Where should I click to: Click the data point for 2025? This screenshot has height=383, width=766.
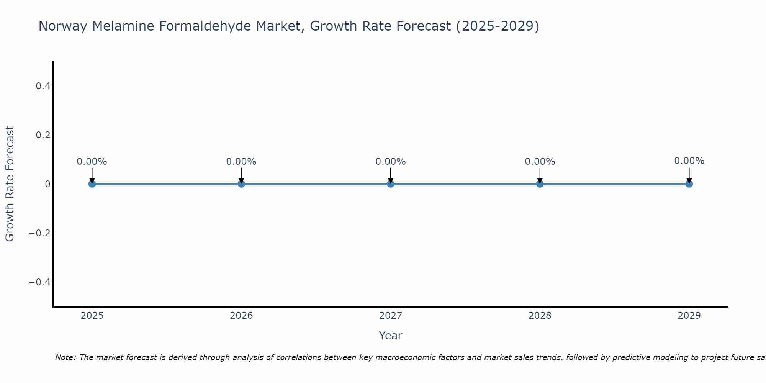coord(92,184)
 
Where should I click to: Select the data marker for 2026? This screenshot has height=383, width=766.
coord(241,184)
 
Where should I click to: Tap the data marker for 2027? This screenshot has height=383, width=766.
coord(391,184)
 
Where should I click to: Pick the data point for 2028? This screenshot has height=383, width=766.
coord(540,184)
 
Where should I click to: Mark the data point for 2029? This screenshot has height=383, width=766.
coord(689,184)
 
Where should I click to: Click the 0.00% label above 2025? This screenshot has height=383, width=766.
coord(92,162)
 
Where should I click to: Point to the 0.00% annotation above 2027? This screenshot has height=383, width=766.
coord(391,162)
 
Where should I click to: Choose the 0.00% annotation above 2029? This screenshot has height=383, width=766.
coord(689,161)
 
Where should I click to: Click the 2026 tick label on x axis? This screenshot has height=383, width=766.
coord(241,316)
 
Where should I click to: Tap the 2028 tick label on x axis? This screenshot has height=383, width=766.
coord(540,316)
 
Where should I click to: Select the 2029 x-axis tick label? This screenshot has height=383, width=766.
coord(689,316)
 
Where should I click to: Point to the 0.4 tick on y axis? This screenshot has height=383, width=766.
coord(43,86)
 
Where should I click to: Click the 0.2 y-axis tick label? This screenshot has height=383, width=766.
coord(43,135)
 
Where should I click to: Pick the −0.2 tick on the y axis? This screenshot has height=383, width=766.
coord(40,233)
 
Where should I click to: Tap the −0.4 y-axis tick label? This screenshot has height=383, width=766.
coord(40,282)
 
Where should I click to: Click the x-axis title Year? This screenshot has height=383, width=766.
coord(390,336)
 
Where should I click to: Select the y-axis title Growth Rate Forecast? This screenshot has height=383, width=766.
coord(10,184)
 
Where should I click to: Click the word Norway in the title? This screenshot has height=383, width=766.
coord(64,26)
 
